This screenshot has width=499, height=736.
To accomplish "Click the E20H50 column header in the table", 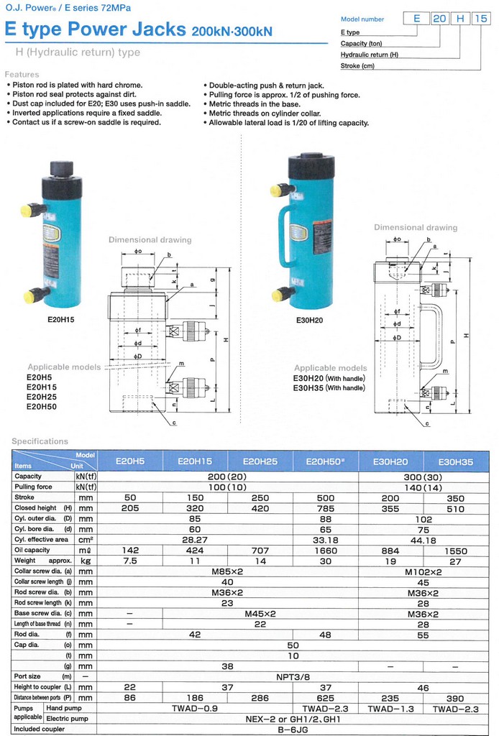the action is click(x=325, y=461).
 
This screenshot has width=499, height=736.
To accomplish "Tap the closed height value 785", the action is click(x=325, y=508).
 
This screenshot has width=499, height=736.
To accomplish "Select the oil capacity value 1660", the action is click(x=325, y=551).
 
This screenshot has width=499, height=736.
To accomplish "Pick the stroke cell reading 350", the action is click(x=455, y=498).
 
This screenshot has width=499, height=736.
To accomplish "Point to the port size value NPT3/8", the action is click(x=293, y=677).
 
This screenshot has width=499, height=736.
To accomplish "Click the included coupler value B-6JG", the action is click(x=293, y=730).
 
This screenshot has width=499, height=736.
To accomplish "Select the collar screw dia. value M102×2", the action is click(x=423, y=572).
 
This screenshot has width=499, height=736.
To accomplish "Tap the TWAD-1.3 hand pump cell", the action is click(x=390, y=709).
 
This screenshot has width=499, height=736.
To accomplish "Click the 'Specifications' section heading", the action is click(x=40, y=441).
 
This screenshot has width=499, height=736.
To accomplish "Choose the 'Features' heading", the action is click(x=22, y=74).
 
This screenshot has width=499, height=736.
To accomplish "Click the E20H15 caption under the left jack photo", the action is click(x=60, y=320).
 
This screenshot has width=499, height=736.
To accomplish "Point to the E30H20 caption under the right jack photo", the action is click(x=309, y=320).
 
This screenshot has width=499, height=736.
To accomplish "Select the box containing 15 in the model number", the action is click(x=481, y=18).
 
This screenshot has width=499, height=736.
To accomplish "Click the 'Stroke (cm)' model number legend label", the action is click(x=357, y=65).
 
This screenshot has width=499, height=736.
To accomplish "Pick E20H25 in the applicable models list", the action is click(x=41, y=397).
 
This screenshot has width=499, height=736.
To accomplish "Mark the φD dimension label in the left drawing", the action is click(x=137, y=356).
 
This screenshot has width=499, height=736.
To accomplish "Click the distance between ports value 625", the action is click(x=325, y=699).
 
